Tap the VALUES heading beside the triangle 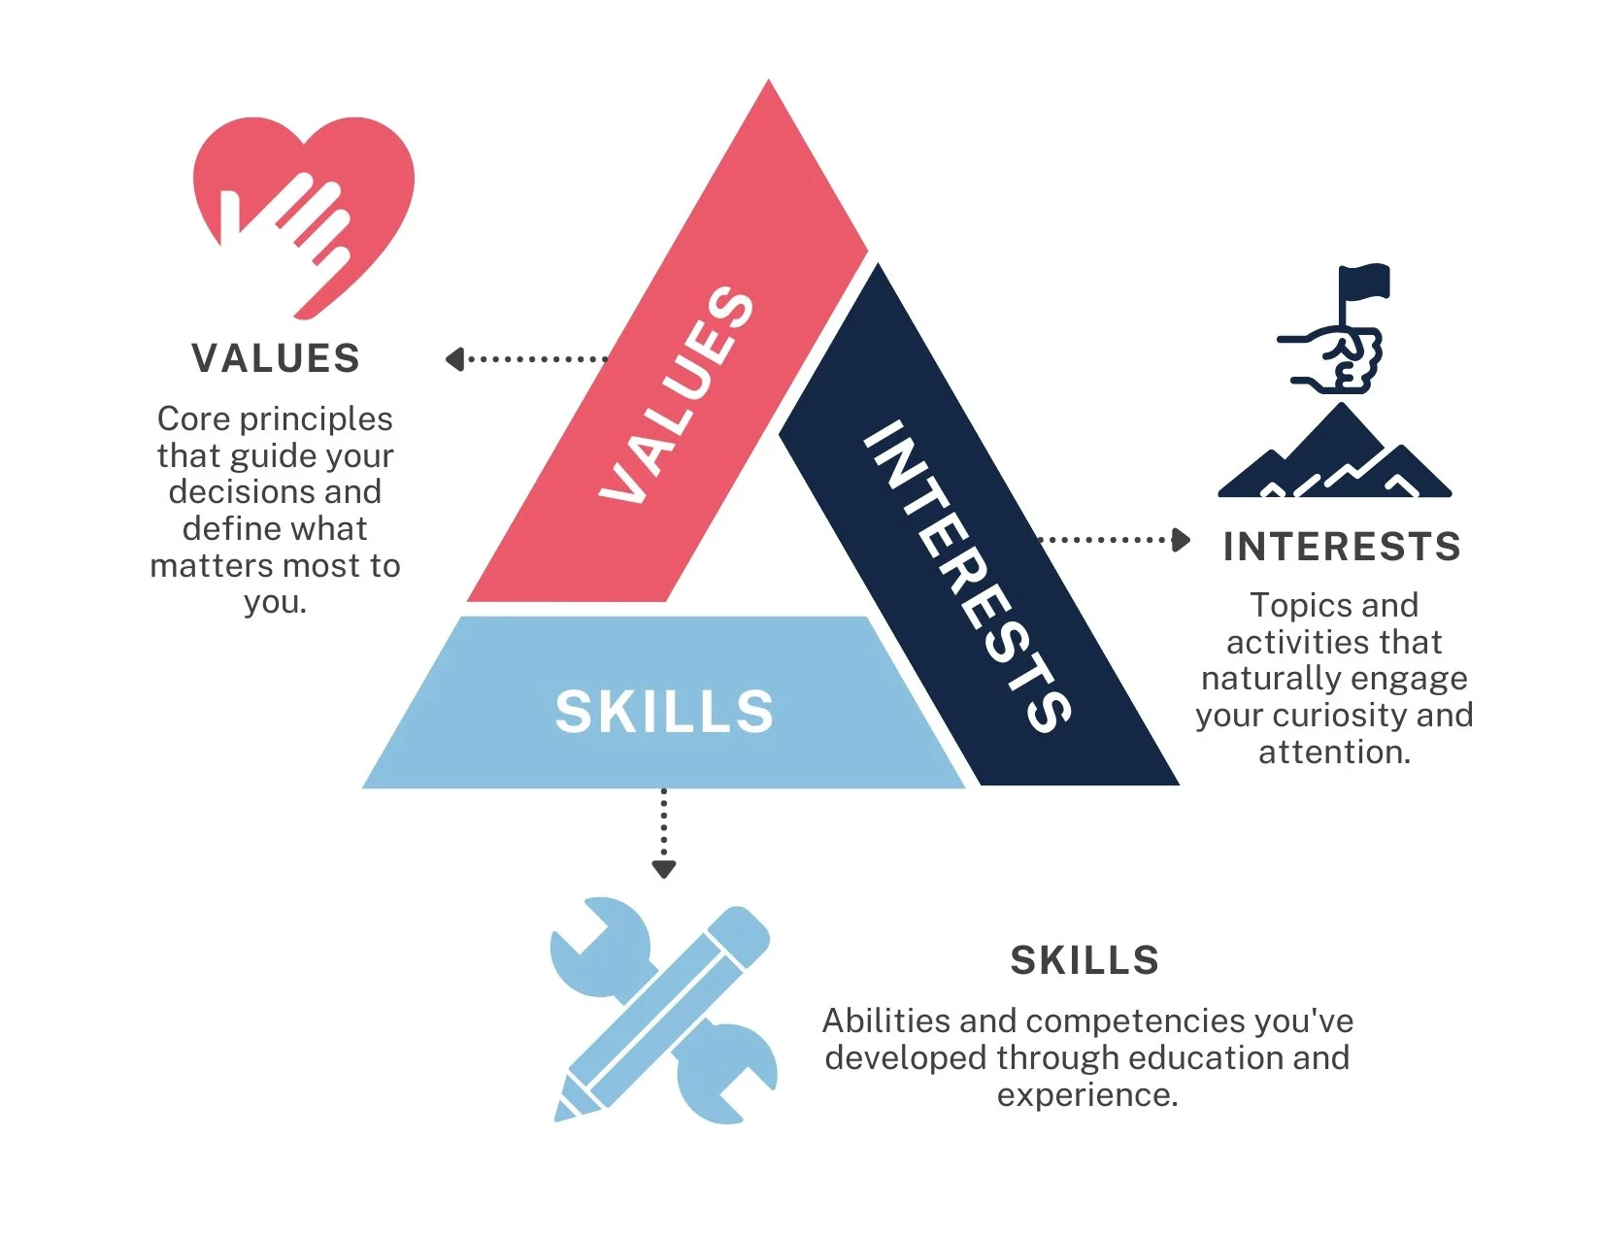[276, 358]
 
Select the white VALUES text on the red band [677, 396]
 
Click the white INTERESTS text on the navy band [967, 575]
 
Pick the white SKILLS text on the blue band [665, 712]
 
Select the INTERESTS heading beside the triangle [1342, 547]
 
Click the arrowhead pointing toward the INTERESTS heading [1182, 540]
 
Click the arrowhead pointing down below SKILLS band [664, 869]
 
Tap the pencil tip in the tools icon [565, 1110]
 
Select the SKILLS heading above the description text [1085, 960]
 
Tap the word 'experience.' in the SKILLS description [1087, 1094]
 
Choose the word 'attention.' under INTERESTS [1334, 753]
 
